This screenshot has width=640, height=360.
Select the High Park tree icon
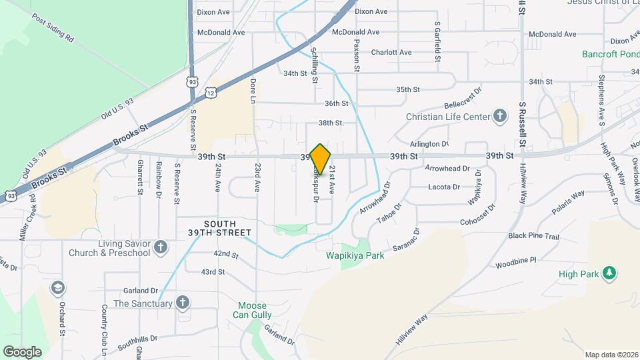click(608, 273)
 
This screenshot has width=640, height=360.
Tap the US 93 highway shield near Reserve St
click(192, 82)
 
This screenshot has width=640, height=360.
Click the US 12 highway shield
click(210, 93)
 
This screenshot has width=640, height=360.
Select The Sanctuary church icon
click(182, 303)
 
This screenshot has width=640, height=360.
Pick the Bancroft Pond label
click(610, 54)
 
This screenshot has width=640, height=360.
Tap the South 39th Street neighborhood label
click(227, 228)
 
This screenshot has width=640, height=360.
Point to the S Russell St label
click(523, 125)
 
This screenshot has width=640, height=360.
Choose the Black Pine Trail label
click(533, 236)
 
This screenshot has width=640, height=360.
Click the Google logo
click(22, 351)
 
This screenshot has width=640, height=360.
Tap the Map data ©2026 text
click(611, 355)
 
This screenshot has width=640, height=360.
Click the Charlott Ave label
click(391, 52)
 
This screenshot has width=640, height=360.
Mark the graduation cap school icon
click(59, 287)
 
